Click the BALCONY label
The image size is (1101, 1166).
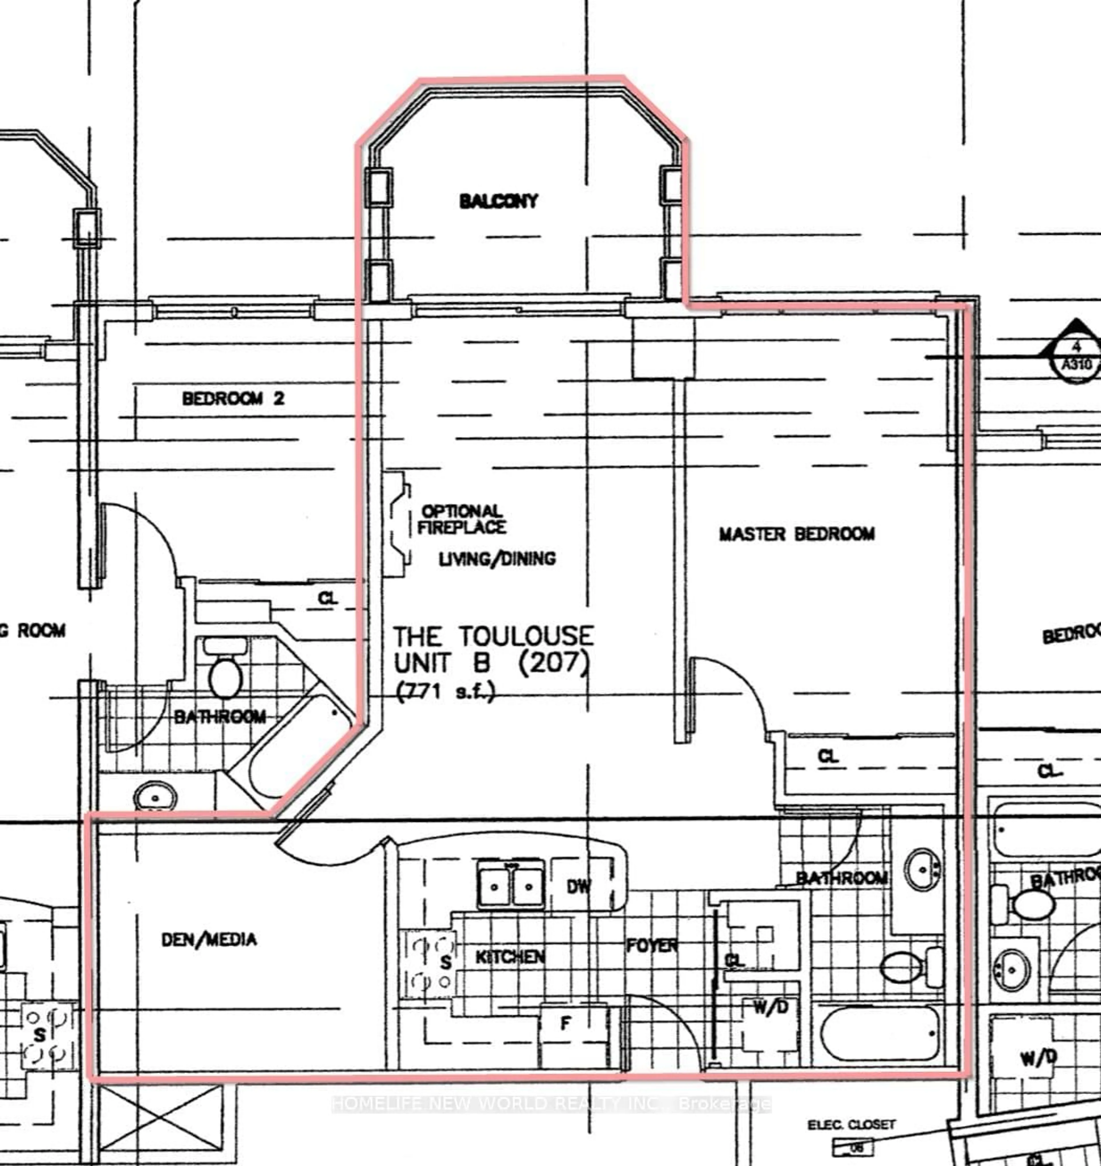point(498,201)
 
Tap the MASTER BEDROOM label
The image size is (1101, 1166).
point(797,534)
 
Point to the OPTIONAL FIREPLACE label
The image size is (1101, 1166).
point(461,519)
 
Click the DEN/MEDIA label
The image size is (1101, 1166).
point(209,940)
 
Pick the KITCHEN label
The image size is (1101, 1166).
point(510,957)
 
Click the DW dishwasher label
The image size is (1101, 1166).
point(579,886)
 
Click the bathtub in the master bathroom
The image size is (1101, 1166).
point(879,1033)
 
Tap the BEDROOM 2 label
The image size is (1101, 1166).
point(233,399)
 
